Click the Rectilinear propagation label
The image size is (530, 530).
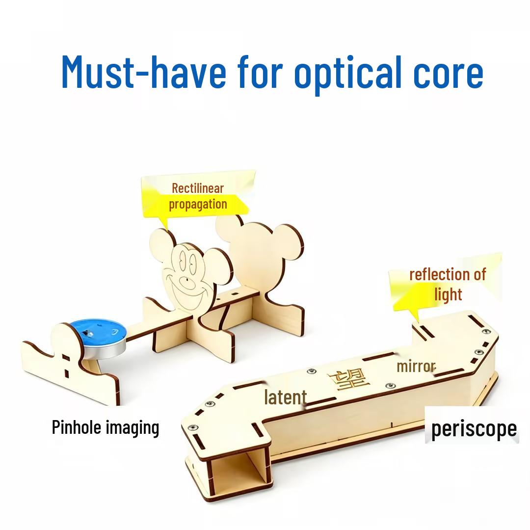pos(198,196)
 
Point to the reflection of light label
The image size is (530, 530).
pos(448,284)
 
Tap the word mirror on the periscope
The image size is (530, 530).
pos(416,367)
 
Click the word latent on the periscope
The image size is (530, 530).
pos(286,397)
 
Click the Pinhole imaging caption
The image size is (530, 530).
pos(106,427)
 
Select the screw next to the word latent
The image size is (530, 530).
pos(312,372)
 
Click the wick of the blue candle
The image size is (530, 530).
pos(89,333)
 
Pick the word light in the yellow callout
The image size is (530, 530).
pos(448,294)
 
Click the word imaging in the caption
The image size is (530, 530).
pos(132,428)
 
